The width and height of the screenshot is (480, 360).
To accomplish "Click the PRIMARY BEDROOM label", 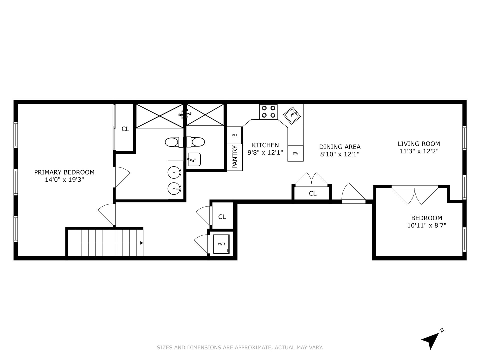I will pyautogui.click(x=64, y=172).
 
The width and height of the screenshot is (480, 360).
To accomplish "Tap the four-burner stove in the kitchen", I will pyautogui.click(x=268, y=112).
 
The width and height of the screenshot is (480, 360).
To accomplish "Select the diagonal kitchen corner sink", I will pyautogui.click(x=292, y=115).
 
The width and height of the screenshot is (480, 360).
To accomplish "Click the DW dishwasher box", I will pyautogui.click(x=295, y=153).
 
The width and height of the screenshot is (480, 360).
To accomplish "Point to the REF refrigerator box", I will pyautogui.click(x=234, y=135).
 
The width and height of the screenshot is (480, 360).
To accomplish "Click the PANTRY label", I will pyautogui.click(x=235, y=157).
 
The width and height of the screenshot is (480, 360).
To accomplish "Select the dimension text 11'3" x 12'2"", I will pyautogui.click(x=419, y=151).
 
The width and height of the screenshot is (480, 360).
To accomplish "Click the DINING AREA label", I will pyautogui.click(x=340, y=147).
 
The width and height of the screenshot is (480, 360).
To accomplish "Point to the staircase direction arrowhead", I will pyautogui.click(x=141, y=243).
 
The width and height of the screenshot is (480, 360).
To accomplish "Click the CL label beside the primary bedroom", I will pyautogui.click(x=125, y=129).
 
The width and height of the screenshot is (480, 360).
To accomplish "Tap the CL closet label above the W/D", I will pyautogui.click(x=222, y=217).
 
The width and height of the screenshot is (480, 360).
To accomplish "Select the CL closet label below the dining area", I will pyautogui.click(x=312, y=193).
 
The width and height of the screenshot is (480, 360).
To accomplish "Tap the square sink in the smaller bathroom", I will pyautogui.click(x=194, y=159).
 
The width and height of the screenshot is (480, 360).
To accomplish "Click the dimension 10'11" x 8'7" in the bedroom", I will pyautogui.click(x=426, y=225).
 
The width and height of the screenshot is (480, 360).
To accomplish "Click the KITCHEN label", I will pyautogui.click(x=265, y=145).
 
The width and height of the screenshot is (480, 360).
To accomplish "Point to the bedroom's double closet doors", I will pyautogui.click(x=414, y=195).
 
